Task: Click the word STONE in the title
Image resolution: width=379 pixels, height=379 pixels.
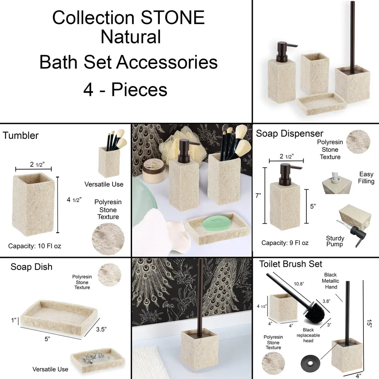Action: click(172, 17)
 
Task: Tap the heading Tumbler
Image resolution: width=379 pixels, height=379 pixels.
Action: click(21, 135)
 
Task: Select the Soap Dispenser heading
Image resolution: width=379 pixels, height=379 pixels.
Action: click(289, 133)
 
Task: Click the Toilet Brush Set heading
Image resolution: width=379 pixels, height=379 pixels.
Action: click(291, 264)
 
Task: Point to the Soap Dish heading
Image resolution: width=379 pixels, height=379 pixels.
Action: click(31, 267)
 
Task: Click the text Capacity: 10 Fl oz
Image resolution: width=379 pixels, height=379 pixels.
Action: click(34, 246)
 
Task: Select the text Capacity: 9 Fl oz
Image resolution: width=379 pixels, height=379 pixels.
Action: click(285, 243)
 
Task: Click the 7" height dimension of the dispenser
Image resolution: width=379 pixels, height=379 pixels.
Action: click(258, 195)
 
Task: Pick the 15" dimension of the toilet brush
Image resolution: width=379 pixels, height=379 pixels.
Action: click(369, 323)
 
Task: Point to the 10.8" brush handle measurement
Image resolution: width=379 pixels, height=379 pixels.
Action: click(299, 284)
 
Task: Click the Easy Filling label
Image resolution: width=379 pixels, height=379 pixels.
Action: click(366, 178)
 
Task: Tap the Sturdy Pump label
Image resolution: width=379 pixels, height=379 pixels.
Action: click(335, 241)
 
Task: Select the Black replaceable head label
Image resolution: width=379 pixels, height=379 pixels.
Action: click(308, 335)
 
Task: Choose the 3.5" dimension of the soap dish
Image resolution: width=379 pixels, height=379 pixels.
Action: click(101, 329)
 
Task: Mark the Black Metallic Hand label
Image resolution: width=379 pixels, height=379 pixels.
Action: click(331, 281)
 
